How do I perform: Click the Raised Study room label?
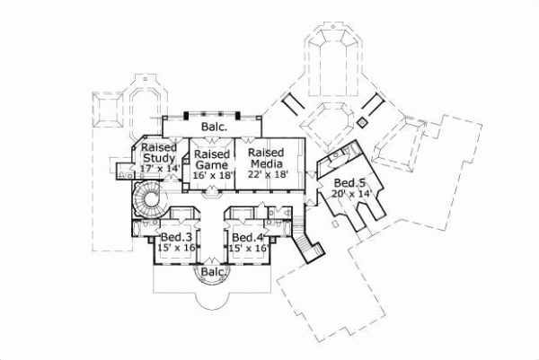pos(159,153)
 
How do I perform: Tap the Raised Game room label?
pos(213,159)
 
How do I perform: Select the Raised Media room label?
pos(266,158)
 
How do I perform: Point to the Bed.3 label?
pos(174,238)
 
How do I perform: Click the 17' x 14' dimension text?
pos(160,169)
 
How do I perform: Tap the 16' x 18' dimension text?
pos(214,175)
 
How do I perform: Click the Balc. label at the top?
pos(213,127)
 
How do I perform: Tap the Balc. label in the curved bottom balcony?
pos(213,271)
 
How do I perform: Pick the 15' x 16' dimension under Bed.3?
pos(174,249)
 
